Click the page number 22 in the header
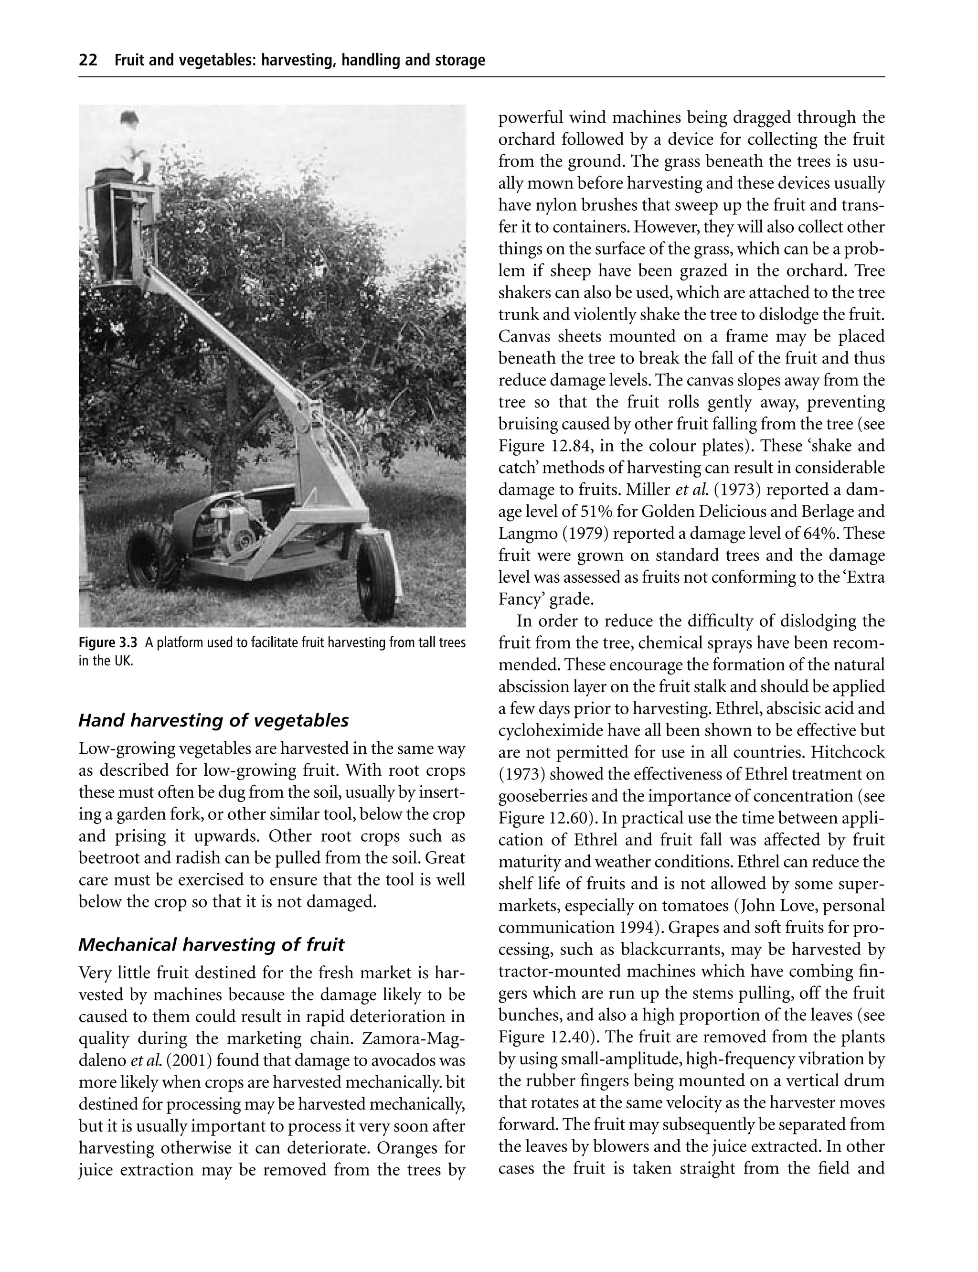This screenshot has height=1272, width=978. click(x=88, y=61)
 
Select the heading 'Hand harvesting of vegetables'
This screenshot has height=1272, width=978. click(x=213, y=721)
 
